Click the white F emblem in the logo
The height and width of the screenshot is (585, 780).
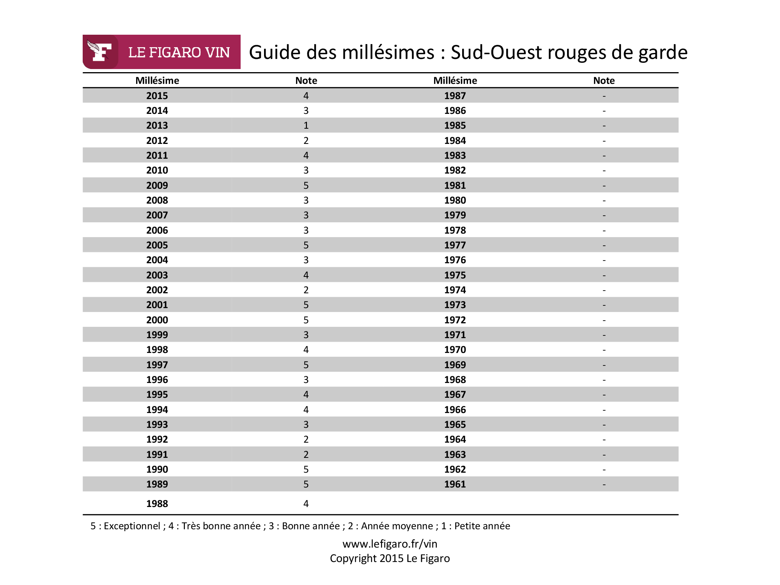click(x=99, y=51)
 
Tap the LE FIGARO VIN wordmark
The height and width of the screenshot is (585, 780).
click(x=179, y=52)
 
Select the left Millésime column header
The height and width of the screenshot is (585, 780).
click(x=157, y=80)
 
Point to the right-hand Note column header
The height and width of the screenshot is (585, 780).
click(x=604, y=80)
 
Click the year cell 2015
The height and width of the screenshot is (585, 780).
click(x=157, y=96)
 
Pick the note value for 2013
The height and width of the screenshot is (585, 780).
click(x=306, y=126)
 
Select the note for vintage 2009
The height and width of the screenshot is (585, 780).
click(x=306, y=185)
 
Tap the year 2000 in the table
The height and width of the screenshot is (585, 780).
click(x=157, y=320)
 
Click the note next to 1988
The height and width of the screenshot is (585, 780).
click(x=306, y=503)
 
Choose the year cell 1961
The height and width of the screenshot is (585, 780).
click(x=455, y=484)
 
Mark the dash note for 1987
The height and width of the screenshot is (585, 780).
click(x=604, y=96)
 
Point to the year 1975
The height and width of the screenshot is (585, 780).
click(x=455, y=275)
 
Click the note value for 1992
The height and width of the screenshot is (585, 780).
click(x=306, y=439)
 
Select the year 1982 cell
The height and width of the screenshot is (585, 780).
click(x=455, y=170)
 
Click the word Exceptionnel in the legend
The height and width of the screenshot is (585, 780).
click(x=132, y=526)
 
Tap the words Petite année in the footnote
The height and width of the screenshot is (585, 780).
click(x=482, y=526)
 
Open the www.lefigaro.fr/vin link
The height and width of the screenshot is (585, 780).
click(x=390, y=544)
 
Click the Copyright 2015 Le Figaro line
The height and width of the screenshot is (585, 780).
click(x=390, y=558)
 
